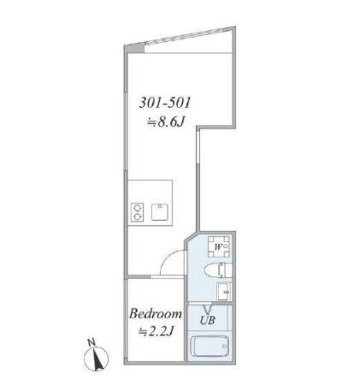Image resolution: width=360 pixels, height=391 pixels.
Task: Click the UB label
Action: (208, 321)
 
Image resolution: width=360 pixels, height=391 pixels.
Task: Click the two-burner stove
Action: (137, 212)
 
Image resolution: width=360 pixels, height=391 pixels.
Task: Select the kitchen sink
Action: (160, 212)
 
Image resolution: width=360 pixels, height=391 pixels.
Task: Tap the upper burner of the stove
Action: (137, 207)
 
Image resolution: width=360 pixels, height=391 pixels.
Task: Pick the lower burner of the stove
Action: (137, 217)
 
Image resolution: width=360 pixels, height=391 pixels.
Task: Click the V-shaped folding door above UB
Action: (208, 309)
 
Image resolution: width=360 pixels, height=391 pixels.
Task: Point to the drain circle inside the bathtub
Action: (198, 348)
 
